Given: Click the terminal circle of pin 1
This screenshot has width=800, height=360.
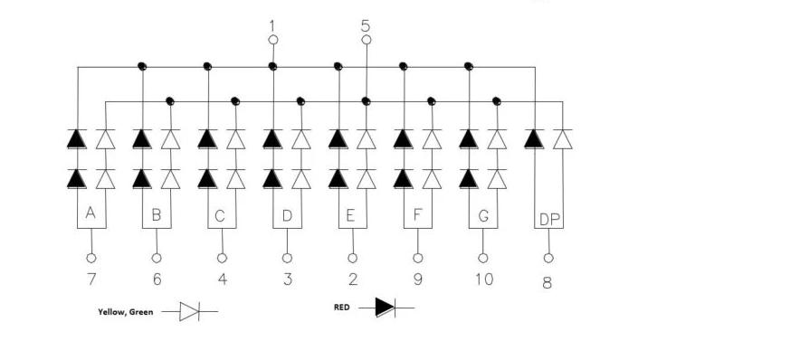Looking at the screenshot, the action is coord(273,40).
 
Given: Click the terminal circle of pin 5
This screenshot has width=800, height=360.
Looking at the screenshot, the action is coord(367,40).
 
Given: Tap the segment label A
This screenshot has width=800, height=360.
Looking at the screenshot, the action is coord(90,213).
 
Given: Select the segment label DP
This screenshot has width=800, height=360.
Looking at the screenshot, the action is coord(549,220).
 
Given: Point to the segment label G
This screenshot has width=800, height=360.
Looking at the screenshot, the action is coord(483,216).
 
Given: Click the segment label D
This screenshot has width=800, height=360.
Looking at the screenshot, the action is coord(287,215).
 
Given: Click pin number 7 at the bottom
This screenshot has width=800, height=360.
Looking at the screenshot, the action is coord(91,279).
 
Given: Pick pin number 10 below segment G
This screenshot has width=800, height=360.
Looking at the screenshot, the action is coord(484,279).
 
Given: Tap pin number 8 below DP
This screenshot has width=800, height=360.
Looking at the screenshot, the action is coord(547,283).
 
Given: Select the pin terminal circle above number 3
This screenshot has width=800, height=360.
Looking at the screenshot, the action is coord(287,258).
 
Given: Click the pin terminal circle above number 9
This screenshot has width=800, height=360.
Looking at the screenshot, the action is coord(418,258).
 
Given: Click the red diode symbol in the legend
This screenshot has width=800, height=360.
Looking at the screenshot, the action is coord(386,308).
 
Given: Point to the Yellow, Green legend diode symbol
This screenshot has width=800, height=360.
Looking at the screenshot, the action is coord(190,311).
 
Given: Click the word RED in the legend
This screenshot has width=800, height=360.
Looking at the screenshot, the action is coord(342,308).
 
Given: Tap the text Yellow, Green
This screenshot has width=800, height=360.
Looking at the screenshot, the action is coord(126,312).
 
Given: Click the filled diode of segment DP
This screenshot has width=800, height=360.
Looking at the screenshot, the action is coord(534,139).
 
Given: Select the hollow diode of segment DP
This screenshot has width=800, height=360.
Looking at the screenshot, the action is coord(563,139).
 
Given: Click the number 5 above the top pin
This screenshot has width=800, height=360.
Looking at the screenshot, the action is coord(366,25).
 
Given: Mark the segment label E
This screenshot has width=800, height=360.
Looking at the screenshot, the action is coord(350,215).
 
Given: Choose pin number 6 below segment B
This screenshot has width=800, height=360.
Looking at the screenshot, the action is coord(157,279).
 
